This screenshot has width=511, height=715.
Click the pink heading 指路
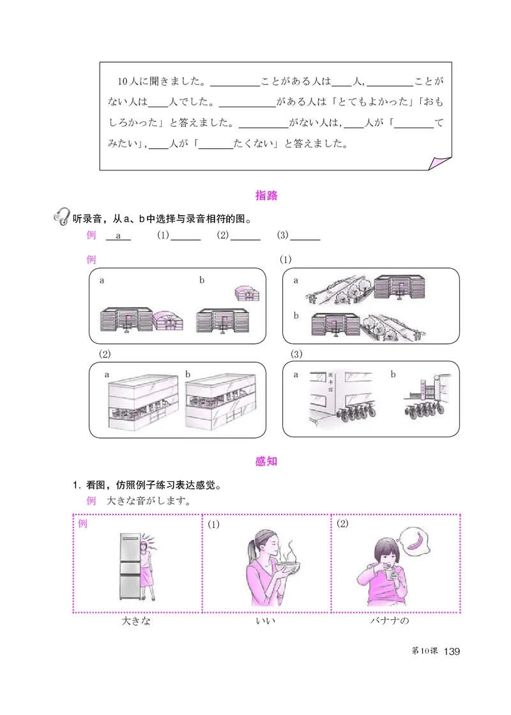point(266,195)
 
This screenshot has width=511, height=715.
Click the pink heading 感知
point(266,461)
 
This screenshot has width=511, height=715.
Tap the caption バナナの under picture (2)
point(388,621)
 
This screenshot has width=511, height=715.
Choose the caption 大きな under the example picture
point(136,621)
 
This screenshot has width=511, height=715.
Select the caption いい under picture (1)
point(265,621)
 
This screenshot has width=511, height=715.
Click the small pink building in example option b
point(247,293)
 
